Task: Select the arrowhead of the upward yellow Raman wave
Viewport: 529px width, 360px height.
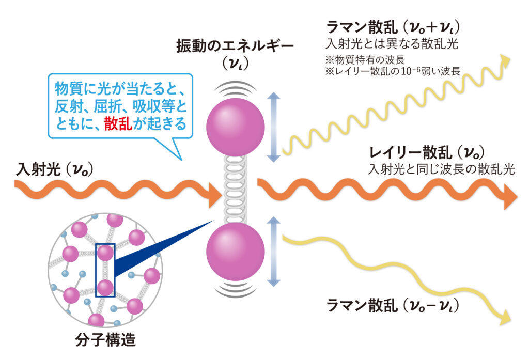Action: [x=506, y=61]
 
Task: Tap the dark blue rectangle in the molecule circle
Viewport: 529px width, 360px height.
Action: [x=105, y=270]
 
